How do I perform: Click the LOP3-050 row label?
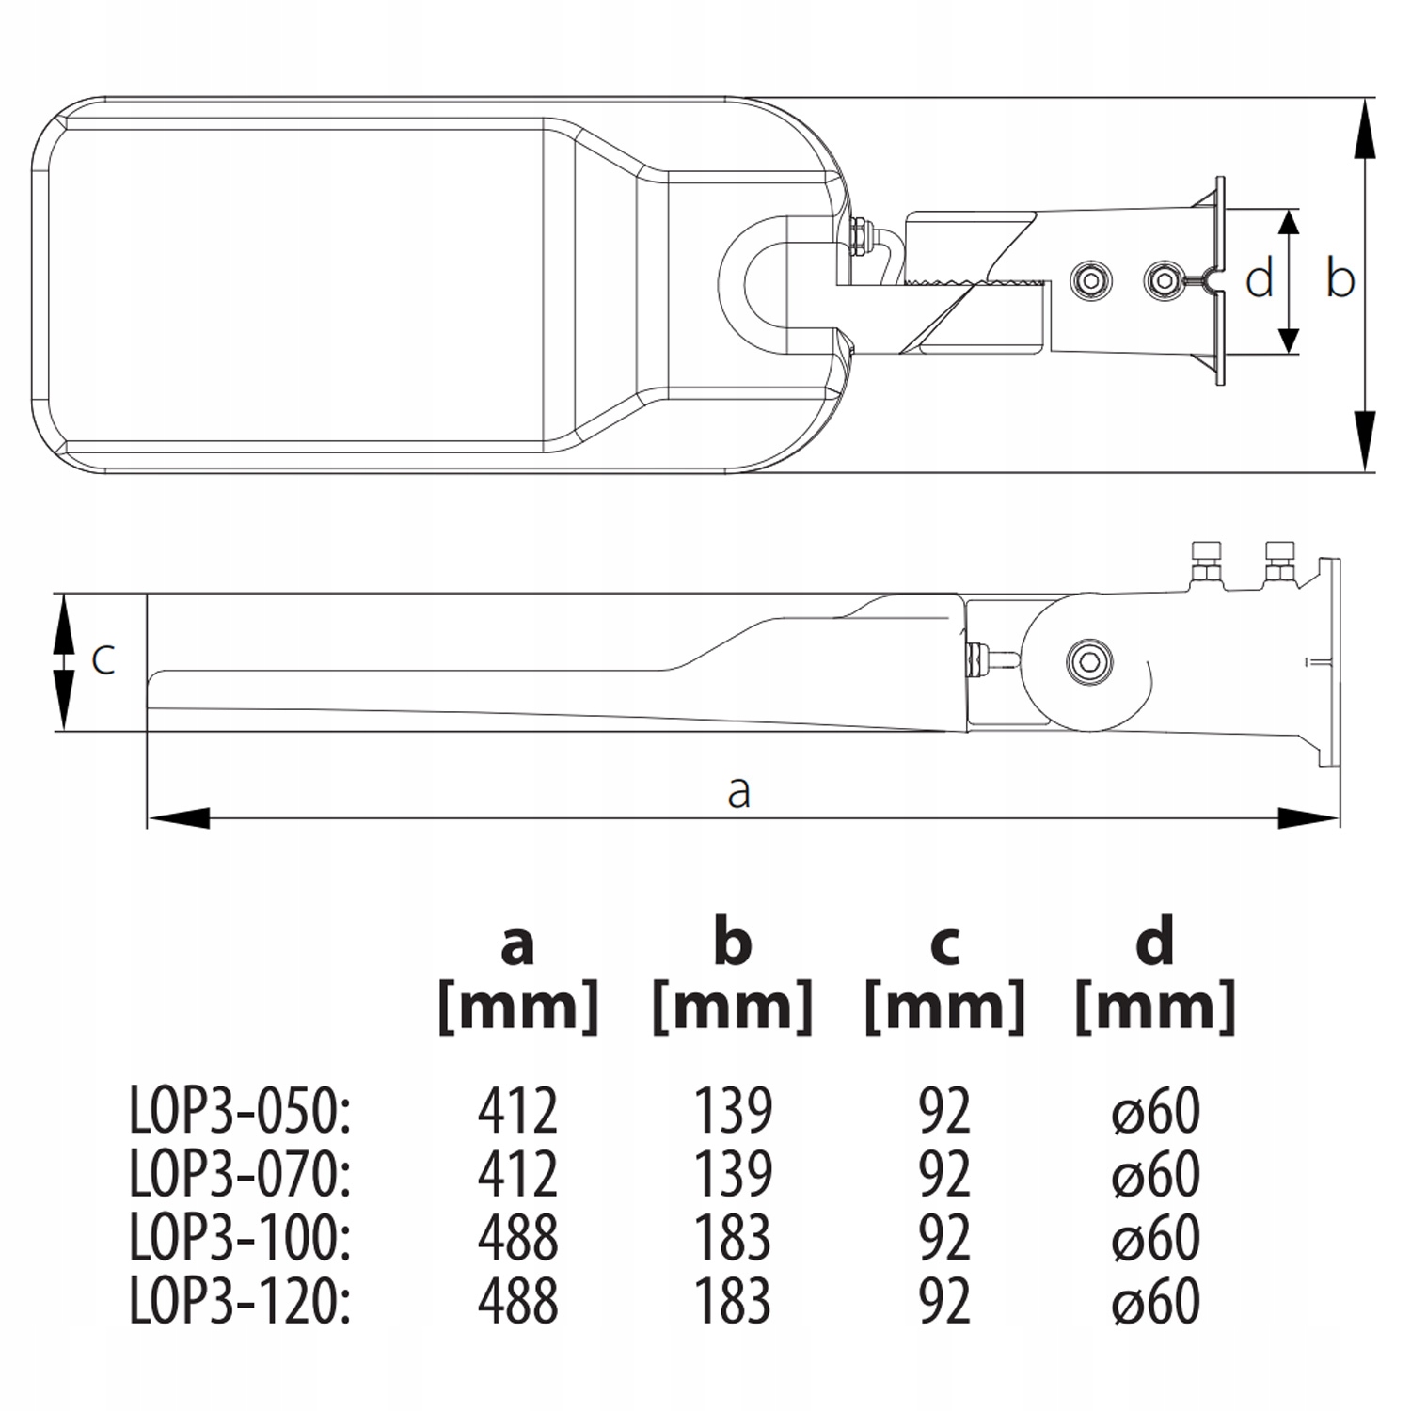(x=240, y=1111)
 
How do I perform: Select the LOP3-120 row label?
(x=240, y=1301)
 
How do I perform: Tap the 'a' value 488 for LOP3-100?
(x=517, y=1237)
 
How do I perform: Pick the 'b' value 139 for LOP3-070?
(x=733, y=1174)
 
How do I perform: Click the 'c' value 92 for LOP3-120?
(x=943, y=1301)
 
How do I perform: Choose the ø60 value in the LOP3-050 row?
(x=1155, y=1111)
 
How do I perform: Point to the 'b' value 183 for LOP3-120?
(x=733, y=1301)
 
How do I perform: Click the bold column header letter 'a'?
(x=517, y=944)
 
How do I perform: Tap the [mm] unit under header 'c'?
(x=944, y=1007)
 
